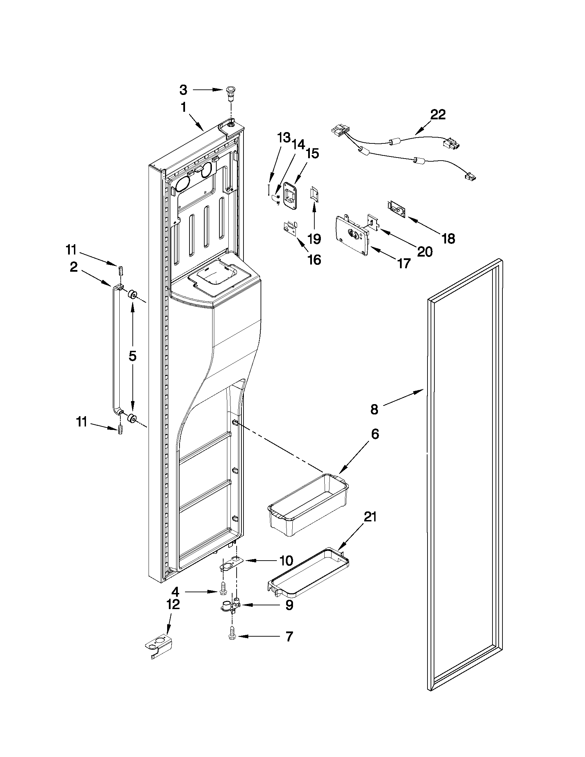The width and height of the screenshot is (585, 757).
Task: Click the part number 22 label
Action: tap(438, 115)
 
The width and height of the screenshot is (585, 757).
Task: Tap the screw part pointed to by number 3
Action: tap(229, 93)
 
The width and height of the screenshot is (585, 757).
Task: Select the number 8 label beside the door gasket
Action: tap(374, 409)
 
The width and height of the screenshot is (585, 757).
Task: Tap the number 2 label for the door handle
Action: tap(74, 267)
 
